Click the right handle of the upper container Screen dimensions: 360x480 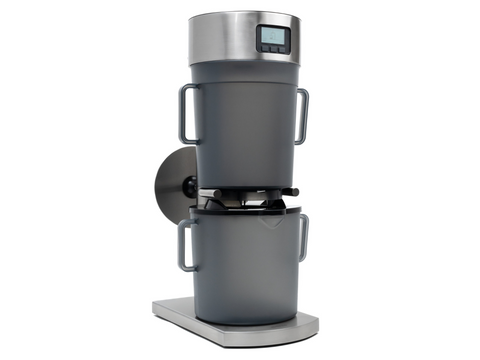point(301,114)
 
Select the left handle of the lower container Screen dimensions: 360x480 point(183,245)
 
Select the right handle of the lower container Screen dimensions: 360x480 point(302,237)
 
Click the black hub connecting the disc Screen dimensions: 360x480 point(190,187)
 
